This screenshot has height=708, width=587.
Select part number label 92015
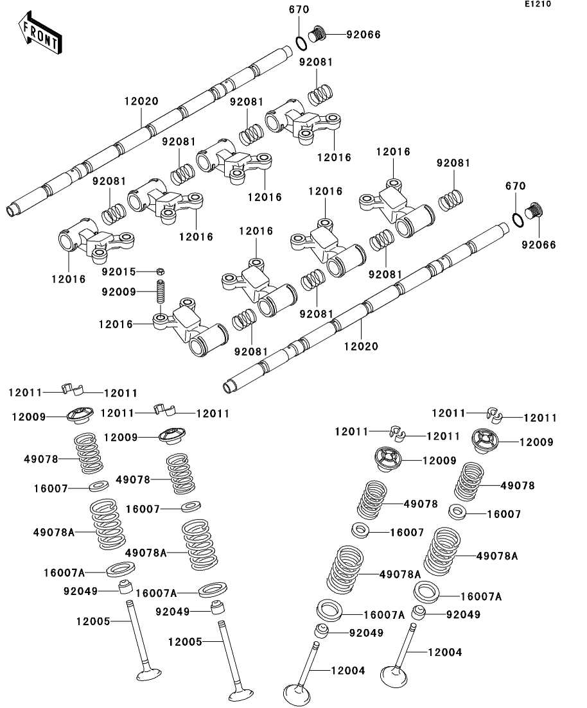click(x=119, y=272)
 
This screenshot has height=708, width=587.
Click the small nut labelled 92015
click(x=161, y=271)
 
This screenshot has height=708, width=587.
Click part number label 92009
click(x=119, y=292)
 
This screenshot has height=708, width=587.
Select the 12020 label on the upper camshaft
click(x=141, y=101)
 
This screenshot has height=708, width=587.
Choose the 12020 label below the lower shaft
click(x=361, y=346)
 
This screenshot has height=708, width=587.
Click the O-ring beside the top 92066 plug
click(x=301, y=42)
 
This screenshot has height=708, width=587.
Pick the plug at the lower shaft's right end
click(x=535, y=211)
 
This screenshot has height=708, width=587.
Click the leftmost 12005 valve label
click(x=93, y=621)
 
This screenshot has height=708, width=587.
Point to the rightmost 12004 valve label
click(x=444, y=652)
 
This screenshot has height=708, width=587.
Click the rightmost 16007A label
click(x=481, y=596)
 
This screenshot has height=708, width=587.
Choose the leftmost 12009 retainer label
click(x=29, y=417)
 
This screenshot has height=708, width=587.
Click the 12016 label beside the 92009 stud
click(x=116, y=324)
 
